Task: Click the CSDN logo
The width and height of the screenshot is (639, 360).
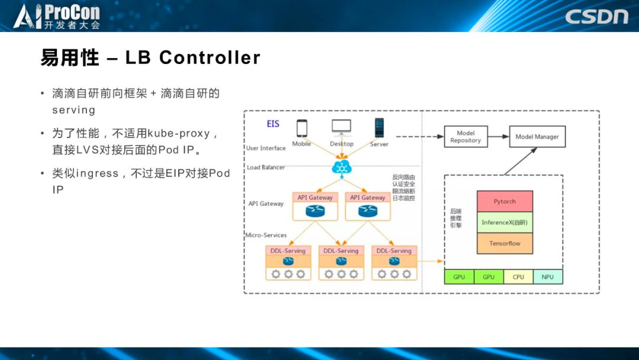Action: coord(596,16)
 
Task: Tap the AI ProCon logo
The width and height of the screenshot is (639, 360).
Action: coord(57,16)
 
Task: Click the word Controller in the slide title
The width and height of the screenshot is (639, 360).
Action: coord(209,57)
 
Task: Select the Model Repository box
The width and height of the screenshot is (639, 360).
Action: coord(466,137)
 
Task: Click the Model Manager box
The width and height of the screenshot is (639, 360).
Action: coord(537,137)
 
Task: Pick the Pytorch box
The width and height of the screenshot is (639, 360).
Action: coord(505,201)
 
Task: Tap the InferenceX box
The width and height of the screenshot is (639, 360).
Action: coord(505,223)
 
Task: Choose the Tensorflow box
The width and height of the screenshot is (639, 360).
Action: coord(505,243)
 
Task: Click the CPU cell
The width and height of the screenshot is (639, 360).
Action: coord(518,277)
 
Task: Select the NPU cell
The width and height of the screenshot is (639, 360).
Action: coord(548,277)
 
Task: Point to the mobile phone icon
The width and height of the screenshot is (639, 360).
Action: coord(302,128)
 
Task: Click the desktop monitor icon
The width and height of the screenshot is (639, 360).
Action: coord(341,127)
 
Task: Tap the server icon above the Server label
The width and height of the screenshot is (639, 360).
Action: coord(379,128)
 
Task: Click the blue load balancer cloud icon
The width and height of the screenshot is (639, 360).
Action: coord(341,167)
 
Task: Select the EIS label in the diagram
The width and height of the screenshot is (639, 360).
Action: coord(273,124)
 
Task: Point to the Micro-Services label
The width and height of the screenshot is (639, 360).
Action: coord(266,235)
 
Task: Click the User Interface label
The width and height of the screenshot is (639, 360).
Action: coord(266,148)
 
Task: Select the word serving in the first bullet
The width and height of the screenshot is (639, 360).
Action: coord(73,110)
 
